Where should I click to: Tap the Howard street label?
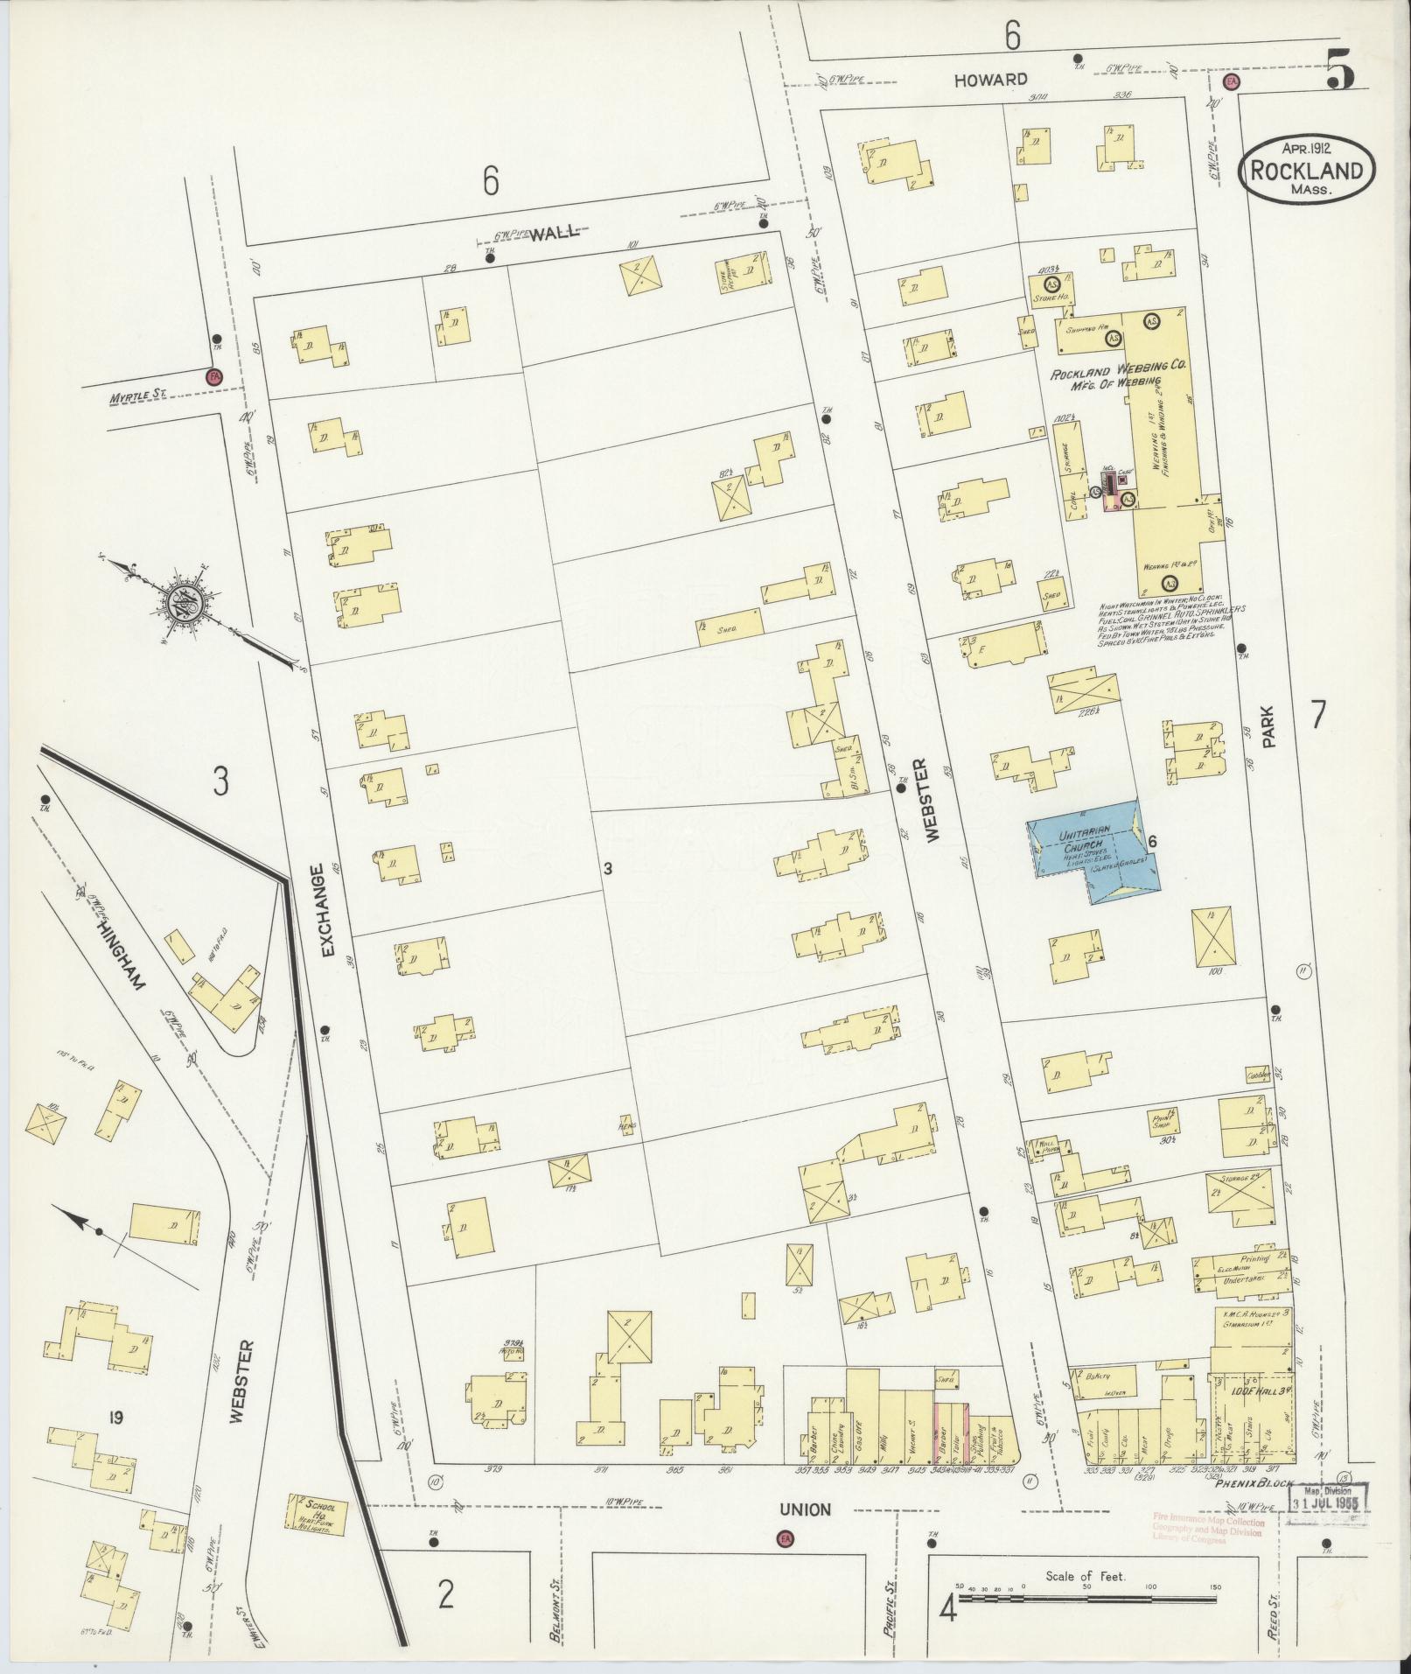990,80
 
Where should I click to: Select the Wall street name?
555,232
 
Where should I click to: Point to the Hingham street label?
122,944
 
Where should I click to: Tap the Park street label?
1270,726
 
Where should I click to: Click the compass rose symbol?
189,601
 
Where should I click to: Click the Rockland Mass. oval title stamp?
1306,172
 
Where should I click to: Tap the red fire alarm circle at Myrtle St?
213,378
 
